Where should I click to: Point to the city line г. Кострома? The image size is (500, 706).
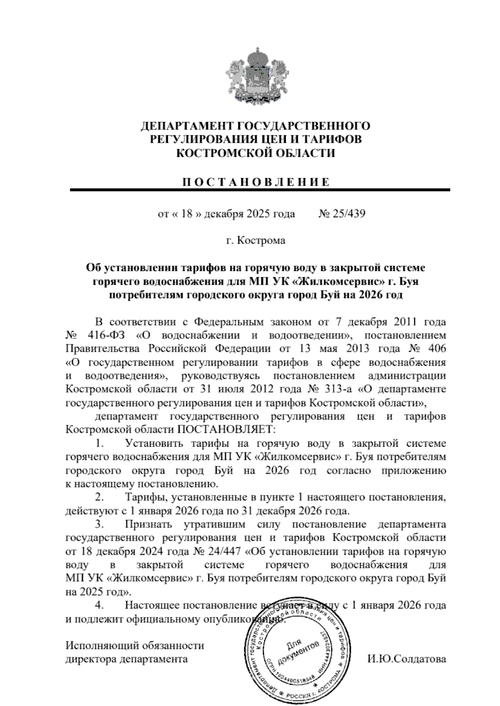(x=256, y=241)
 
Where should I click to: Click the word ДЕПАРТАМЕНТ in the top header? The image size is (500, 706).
(x=186, y=126)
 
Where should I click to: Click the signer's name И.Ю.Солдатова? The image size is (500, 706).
(x=406, y=659)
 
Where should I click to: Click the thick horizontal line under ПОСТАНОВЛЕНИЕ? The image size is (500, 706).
(x=260, y=190)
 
